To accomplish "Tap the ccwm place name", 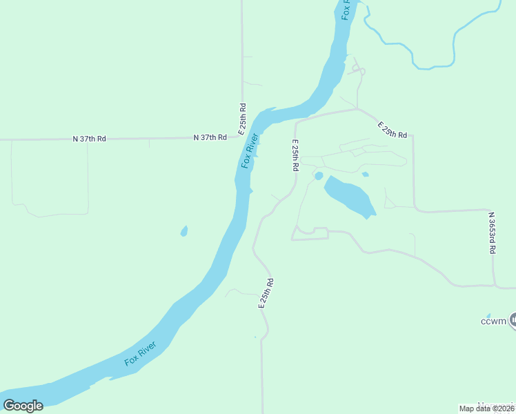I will [494, 321].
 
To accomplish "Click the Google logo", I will [23, 406].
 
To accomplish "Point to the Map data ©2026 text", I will [487, 408].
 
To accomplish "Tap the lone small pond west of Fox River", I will [184, 231].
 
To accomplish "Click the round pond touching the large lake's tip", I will [319, 176].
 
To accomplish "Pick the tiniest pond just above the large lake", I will [365, 175].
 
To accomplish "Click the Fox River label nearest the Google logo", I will [141, 353].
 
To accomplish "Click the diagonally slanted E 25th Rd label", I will [393, 129].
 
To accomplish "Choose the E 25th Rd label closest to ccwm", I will [267, 293].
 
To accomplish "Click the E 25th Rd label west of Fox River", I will [243, 119].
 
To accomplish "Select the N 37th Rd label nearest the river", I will [210, 138].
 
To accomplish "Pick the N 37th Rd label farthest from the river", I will [90, 139].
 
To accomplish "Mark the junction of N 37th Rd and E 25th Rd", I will [242, 137].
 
